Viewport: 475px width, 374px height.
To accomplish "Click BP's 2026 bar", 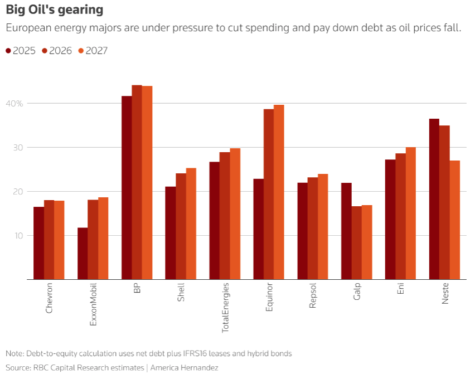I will point(137,182).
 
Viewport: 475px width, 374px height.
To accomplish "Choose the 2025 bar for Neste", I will point(434,198).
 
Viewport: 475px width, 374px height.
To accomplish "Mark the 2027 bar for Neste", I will point(455,220).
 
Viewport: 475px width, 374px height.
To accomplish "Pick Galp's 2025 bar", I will point(346,231).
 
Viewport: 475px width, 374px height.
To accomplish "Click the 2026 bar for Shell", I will point(181,226).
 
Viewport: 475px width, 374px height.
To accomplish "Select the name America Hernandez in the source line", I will point(184,368).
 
